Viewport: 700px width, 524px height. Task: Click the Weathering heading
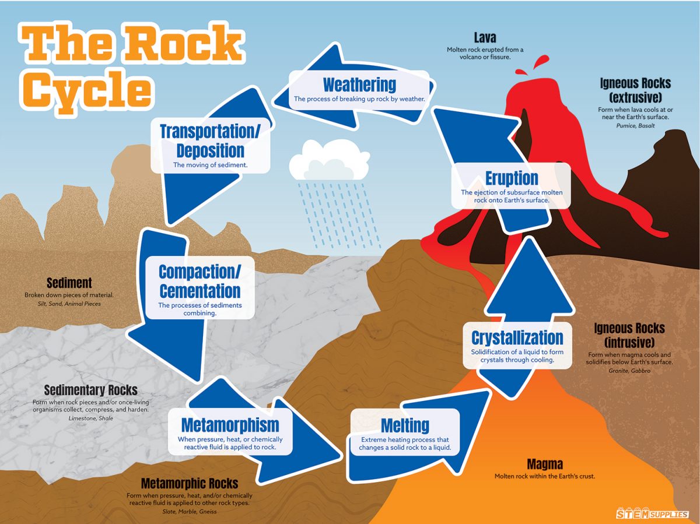click(x=359, y=85)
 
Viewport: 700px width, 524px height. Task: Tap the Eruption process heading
click(x=512, y=178)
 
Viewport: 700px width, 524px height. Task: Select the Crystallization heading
click(x=517, y=337)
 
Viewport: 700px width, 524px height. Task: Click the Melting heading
click(x=405, y=425)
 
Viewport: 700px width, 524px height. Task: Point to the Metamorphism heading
click(x=230, y=425)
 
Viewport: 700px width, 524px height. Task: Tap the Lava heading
click(x=485, y=38)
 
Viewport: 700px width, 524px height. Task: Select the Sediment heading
click(x=69, y=283)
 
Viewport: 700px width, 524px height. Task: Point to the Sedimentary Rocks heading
click(x=90, y=390)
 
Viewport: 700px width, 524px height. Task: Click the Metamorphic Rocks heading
click(x=190, y=483)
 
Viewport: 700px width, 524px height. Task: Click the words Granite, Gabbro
click(x=629, y=371)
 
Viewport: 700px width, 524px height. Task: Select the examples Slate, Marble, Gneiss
click(x=190, y=511)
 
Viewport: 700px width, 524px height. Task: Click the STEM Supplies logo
click(x=652, y=514)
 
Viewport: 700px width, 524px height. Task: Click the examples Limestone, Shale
click(x=90, y=418)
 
